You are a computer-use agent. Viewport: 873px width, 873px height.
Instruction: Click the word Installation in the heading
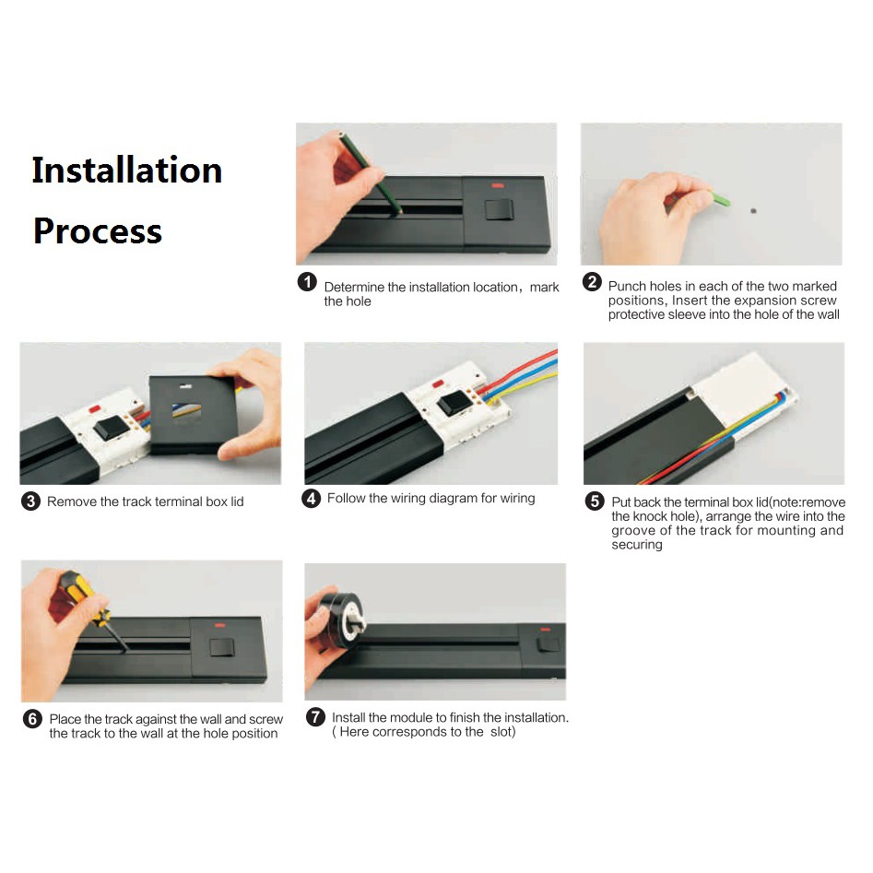click(127, 170)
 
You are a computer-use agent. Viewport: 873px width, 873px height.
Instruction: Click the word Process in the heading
click(98, 230)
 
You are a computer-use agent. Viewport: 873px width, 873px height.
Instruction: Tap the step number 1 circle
click(307, 282)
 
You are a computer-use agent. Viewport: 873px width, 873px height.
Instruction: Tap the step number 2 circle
click(592, 282)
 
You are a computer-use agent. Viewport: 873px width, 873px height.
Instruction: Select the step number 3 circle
click(30, 501)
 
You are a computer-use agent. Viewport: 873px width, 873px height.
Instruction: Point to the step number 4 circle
click(311, 498)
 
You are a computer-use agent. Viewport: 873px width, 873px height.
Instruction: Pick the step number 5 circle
click(595, 501)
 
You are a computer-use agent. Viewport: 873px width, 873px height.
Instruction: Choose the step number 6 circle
click(32, 719)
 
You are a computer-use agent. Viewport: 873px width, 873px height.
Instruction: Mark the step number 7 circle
click(315, 716)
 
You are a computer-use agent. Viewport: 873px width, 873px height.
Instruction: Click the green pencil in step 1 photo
click(370, 172)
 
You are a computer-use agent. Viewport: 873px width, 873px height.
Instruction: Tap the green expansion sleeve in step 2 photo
click(721, 198)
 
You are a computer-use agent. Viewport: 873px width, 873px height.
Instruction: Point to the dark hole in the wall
click(753, 211)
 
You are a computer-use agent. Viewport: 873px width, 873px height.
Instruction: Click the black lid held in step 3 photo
click(193, 415)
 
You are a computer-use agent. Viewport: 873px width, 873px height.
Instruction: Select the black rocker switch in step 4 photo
click(455, 403)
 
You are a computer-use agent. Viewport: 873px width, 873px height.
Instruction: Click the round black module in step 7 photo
click(341, 620)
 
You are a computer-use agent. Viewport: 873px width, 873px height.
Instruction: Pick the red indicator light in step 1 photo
click(497, 185)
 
